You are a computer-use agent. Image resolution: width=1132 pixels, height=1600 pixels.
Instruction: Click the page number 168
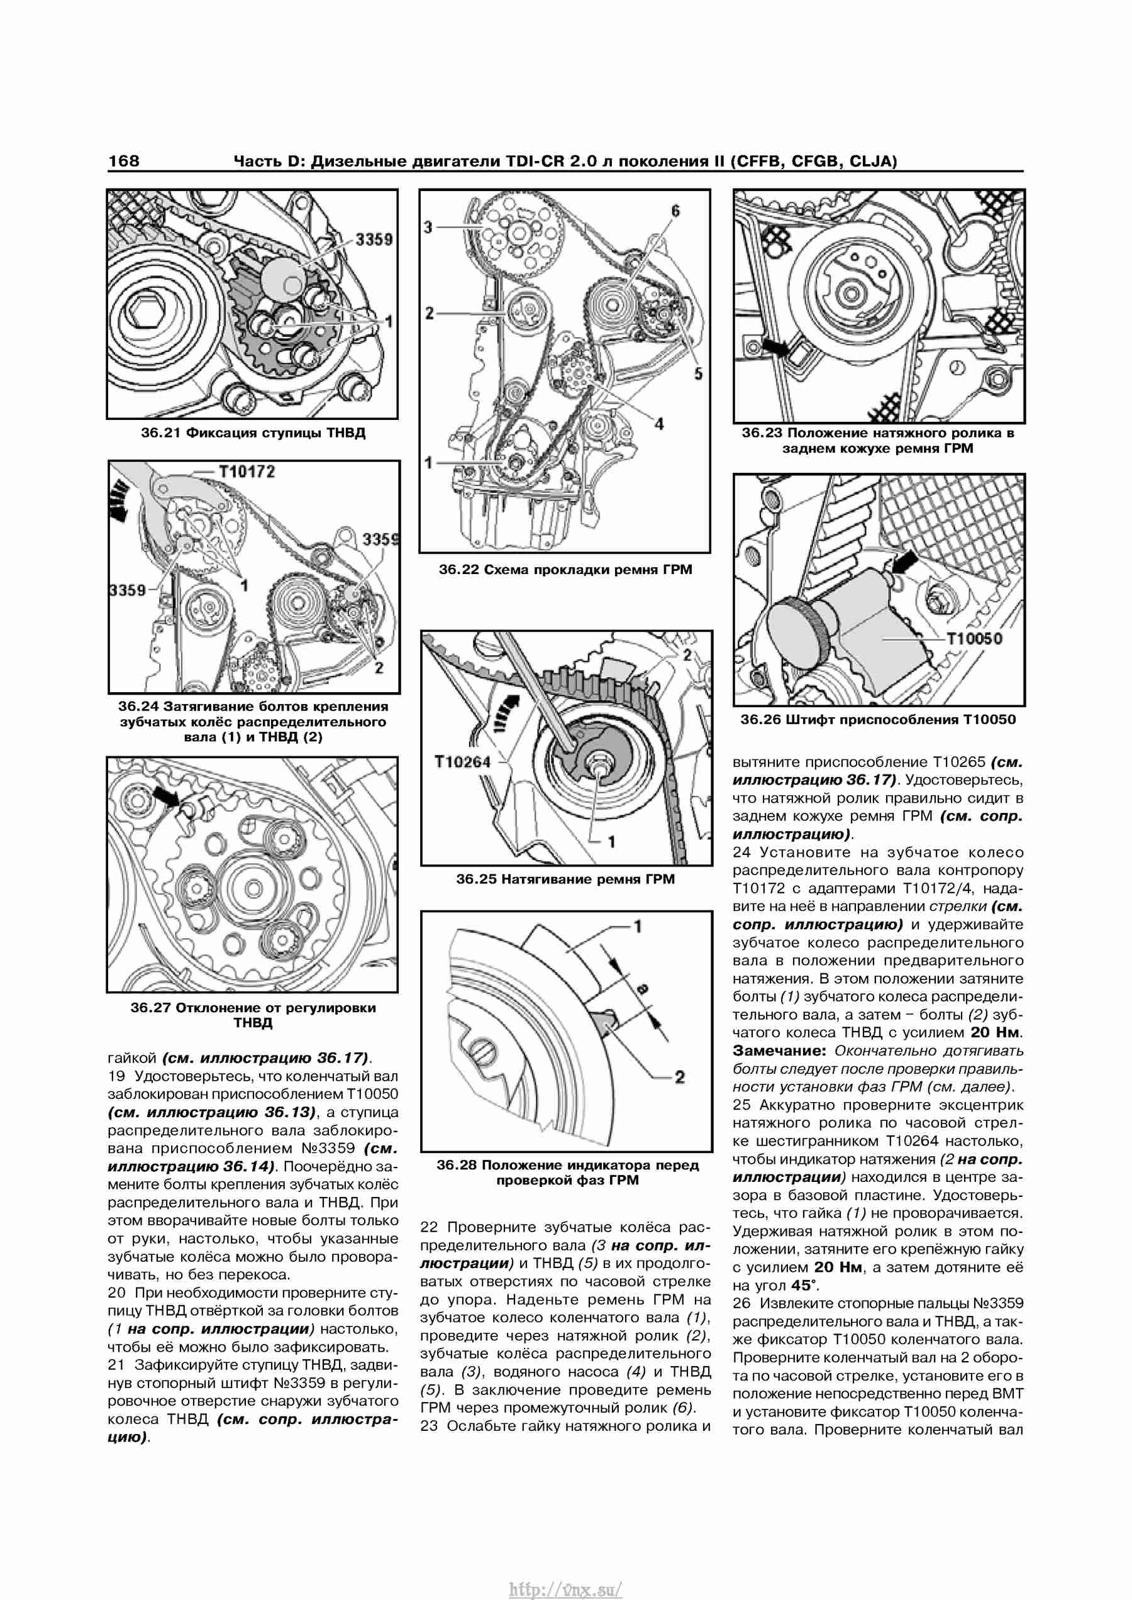pyautogui.click(x=123, y=161)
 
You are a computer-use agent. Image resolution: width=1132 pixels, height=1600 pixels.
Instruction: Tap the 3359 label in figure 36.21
pyautogui.click(x=374, y=239)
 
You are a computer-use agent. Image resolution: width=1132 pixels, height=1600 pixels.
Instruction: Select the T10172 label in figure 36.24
pyautogui.click(x=247, y=472)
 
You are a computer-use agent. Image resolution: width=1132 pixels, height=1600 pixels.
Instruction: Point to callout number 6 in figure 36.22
pyautogui.click(x=675, y=211)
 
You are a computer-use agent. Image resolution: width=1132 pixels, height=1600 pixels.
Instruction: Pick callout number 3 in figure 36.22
pyautogui.click(x=428, y=227)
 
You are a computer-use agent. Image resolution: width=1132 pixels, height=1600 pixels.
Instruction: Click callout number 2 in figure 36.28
pyautogui.click(x=680, y=1077)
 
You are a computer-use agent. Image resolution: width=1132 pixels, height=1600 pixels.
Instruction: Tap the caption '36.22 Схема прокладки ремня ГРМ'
pyautogui.click(x=565, y=570)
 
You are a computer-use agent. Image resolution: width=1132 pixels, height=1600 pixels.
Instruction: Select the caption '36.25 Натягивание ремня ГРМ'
pyautogui.click(x=565, y=879)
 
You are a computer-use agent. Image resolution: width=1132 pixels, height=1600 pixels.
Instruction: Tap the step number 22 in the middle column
pyautogui.click(x=429, y=1227)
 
